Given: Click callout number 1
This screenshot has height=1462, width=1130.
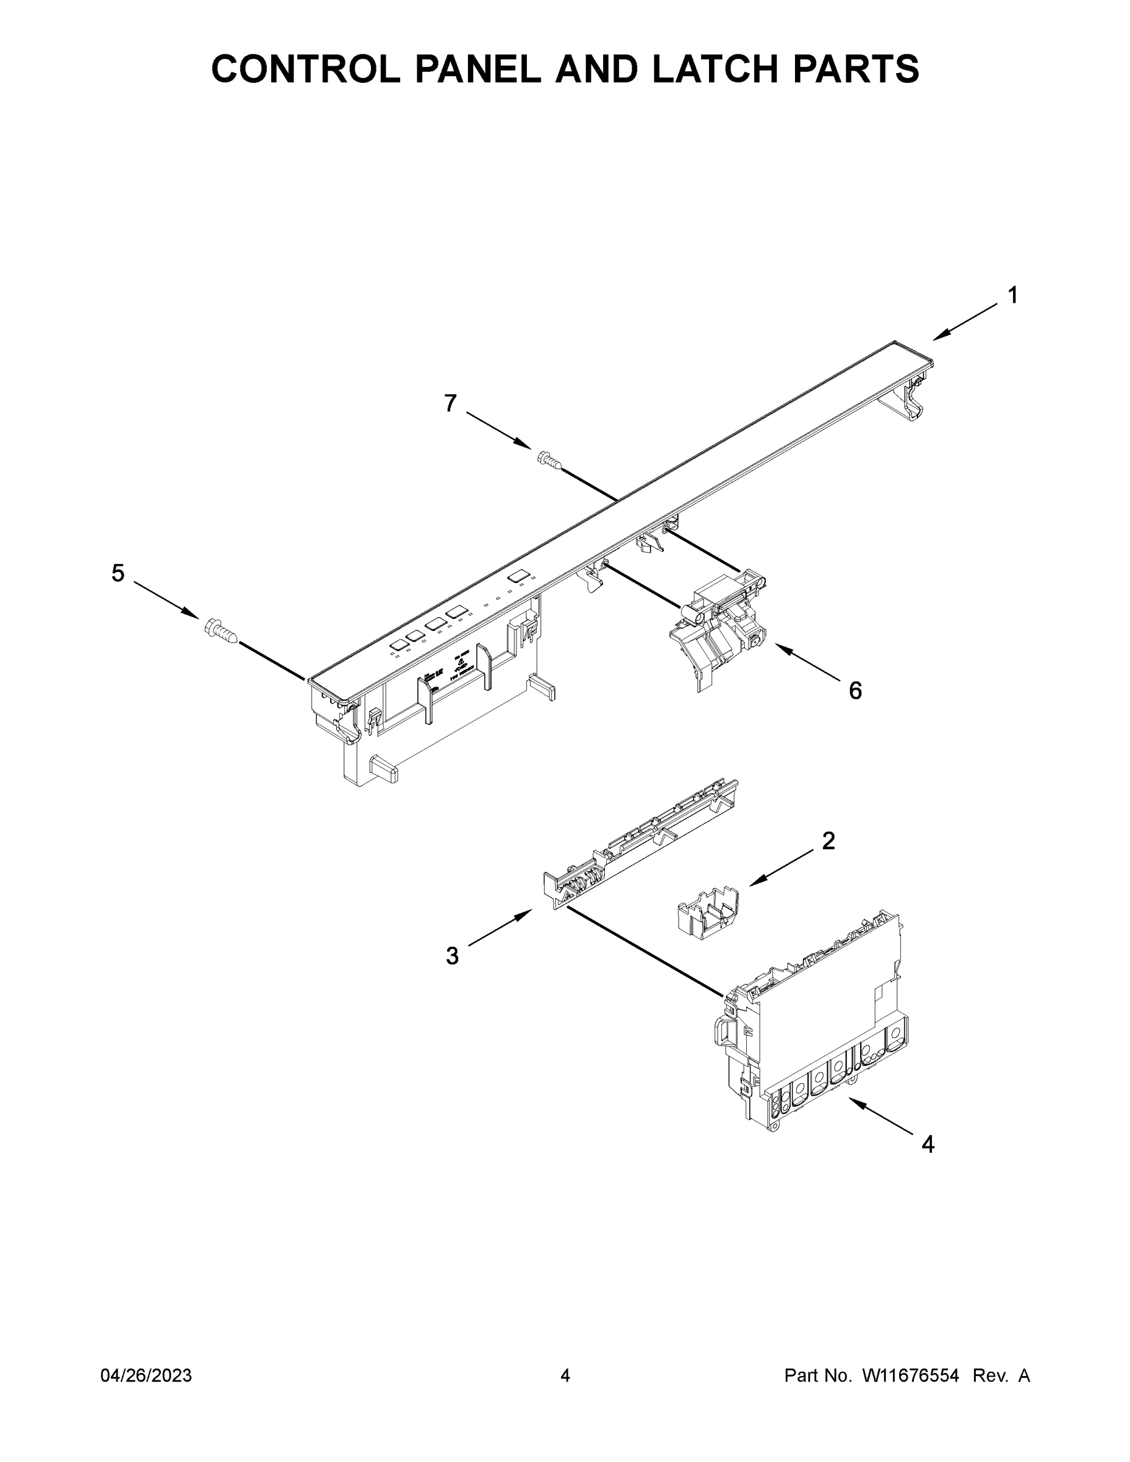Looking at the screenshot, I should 1013,295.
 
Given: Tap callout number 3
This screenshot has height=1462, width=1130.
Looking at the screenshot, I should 453,956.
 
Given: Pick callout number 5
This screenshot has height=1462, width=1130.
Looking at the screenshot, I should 118,573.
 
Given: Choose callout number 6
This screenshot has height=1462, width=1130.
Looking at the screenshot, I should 855,690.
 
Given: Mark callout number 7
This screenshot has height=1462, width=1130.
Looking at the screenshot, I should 451,403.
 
